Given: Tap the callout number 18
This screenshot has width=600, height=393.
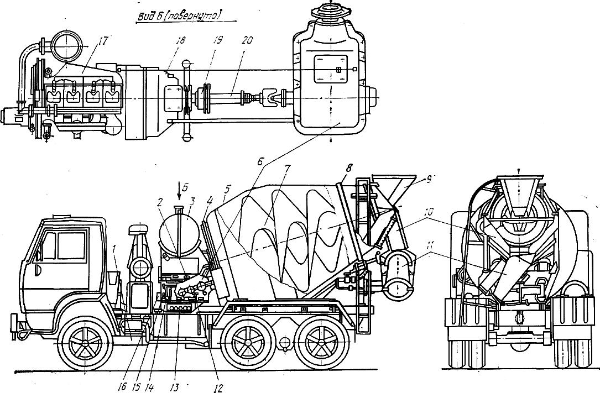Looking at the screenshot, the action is pos(180,40).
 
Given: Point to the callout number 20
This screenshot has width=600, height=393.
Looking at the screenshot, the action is pos(247,40).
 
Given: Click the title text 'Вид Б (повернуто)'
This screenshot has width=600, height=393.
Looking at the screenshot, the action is pos(179,15).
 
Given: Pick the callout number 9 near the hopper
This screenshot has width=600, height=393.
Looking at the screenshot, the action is pos(429,179).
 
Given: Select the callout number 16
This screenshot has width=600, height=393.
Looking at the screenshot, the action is pos(122,387).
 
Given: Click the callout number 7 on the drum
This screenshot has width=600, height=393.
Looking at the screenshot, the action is pos(288,169).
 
